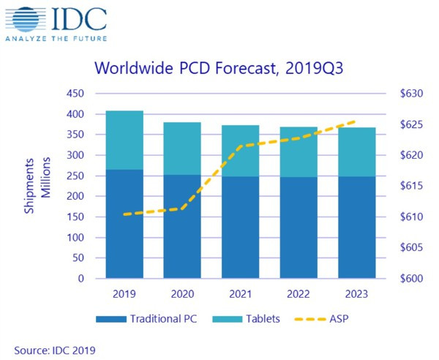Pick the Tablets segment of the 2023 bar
coord(356,151)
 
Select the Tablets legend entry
coord(244,320)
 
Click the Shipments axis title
coord(32,187)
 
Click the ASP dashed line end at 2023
coord(356,121)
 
